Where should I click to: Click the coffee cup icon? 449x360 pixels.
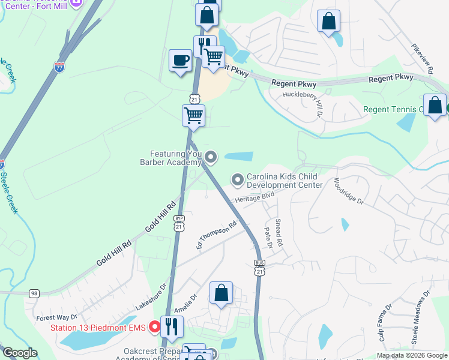coord(180,61)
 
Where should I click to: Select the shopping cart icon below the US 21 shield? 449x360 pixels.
coord(193,115)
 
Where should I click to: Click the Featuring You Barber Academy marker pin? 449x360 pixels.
coord(210,157)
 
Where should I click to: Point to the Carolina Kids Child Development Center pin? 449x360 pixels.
coord(238,179)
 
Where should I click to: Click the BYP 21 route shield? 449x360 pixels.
coord(178,223)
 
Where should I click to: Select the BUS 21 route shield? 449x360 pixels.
coord(259,268)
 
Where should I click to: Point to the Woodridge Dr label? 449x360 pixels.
coord(349,191)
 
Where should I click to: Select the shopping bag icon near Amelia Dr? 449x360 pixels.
coord(221,293)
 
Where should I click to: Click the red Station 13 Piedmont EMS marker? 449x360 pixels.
coord(154,327)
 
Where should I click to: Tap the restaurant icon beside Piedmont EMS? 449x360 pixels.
coord(172,326)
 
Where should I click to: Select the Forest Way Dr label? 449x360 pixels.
coord(57,317)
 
